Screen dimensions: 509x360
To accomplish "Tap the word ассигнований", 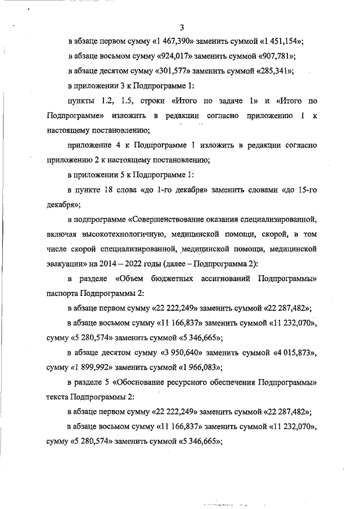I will (x=223, y=278).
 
